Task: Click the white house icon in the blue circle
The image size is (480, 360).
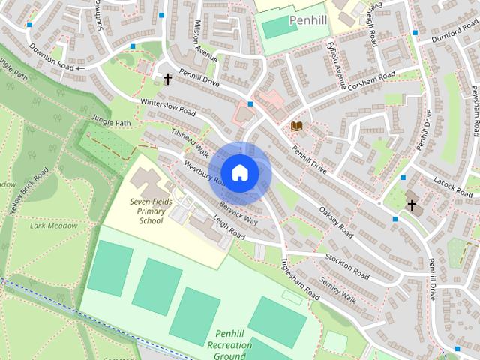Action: pyautogui.click(x=239, y=172)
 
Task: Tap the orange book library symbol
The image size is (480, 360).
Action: pyautogui.click(x=296, y=126)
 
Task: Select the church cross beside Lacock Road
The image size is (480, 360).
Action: pyautogui.click(x=411, y=204)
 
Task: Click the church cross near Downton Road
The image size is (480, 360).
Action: pyautogui.click(x=168, y=78)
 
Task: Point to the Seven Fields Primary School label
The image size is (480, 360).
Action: pyautogui.click(x=151, y=211)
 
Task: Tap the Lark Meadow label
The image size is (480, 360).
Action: pyautogui.click(x=49, y=225)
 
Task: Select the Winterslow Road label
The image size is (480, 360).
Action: pyautogui.click(x=167, y=106)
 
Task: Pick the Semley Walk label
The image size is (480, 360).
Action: pyautogui.click(x=337, y=287)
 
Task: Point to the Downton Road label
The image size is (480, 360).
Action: pyautogui.click(x=52, y=56)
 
